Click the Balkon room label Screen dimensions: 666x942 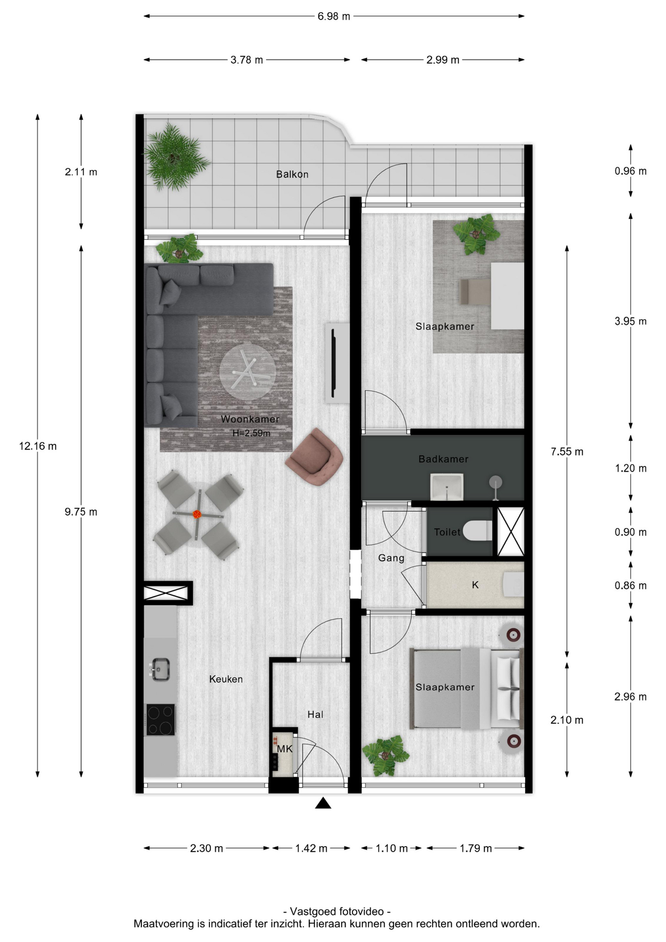pos(292,174)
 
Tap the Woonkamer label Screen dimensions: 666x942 pos(250,419)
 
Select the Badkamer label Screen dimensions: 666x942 pos(443,459)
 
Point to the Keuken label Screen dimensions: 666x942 pos(226,679)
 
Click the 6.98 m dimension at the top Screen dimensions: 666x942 pos(333,16)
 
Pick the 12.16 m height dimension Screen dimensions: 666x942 pos(38,446)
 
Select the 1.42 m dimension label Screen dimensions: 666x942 pos(311,848)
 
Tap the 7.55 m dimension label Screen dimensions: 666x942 pos(567,451)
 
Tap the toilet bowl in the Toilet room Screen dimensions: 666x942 pos(477,531)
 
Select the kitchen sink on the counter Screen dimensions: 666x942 pos(160,669)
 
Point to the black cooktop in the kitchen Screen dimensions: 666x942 pos(160,720)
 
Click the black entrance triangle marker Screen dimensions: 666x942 pos(323,803)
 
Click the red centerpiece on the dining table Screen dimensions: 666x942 pos(197,514)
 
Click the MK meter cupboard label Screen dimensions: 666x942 pos(284,749)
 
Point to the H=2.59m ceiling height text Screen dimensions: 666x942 pos(251,433)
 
